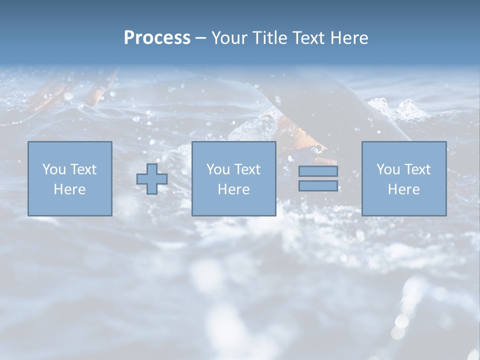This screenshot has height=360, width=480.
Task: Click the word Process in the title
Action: coord(157,37)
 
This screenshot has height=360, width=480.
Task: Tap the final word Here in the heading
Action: coord(350,37)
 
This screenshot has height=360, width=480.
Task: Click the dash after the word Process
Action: coord(201,38)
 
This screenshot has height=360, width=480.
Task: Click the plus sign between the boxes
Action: coord(152,178)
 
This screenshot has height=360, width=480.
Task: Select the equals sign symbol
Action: coord(318,178)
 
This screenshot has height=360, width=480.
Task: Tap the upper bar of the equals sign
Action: coord(318,171)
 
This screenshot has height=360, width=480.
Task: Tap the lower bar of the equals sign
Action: coord(318,185)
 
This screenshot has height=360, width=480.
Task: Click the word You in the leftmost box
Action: coord(54,169)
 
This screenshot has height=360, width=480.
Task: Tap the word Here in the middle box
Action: coord(233,189)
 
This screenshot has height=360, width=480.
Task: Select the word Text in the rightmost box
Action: coord(417,169)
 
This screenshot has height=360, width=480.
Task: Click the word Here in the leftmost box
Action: coord(69,189)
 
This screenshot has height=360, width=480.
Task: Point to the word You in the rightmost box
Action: coord(388,169)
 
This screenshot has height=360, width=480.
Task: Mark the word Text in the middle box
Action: coord(247,169)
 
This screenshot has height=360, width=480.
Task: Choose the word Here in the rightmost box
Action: coord(403,189)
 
